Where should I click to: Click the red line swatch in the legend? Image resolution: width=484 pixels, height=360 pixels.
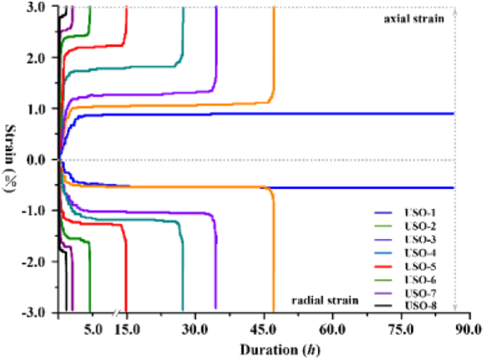pos(385,266)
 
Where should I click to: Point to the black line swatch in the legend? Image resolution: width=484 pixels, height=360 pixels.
pos(385,306)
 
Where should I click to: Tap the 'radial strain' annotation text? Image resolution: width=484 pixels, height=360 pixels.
pos(325,300)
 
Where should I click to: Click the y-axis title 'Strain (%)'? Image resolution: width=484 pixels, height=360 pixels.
pos(11,159)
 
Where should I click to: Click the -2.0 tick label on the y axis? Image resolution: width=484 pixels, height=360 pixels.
pos(37,262)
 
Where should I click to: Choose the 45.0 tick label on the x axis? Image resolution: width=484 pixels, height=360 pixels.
pos(264,332)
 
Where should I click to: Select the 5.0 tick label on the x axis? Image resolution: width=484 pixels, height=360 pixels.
pos(93,332)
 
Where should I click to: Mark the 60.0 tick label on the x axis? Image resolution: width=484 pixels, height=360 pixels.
pos(332,332)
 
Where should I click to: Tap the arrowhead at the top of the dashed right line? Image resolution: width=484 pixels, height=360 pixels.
pos(454,10)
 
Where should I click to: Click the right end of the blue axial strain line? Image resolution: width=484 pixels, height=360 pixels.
pos(453,113)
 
